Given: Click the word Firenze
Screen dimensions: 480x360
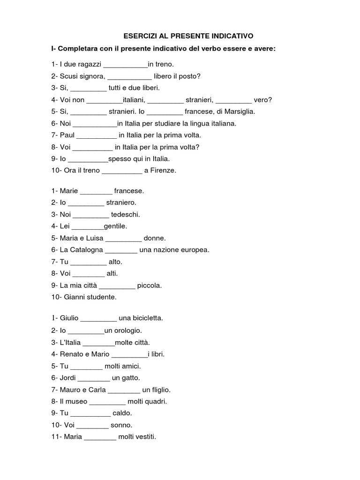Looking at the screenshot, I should pyautogui.click(x=164, y=170).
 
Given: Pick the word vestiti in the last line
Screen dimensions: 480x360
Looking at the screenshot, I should pyautogui.click(x=143, y=437).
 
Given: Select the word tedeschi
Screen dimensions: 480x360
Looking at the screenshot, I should pyautogui.click(x=127, y=215).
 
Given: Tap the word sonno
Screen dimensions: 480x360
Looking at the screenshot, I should pyautogui.click(x=121, y=425).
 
